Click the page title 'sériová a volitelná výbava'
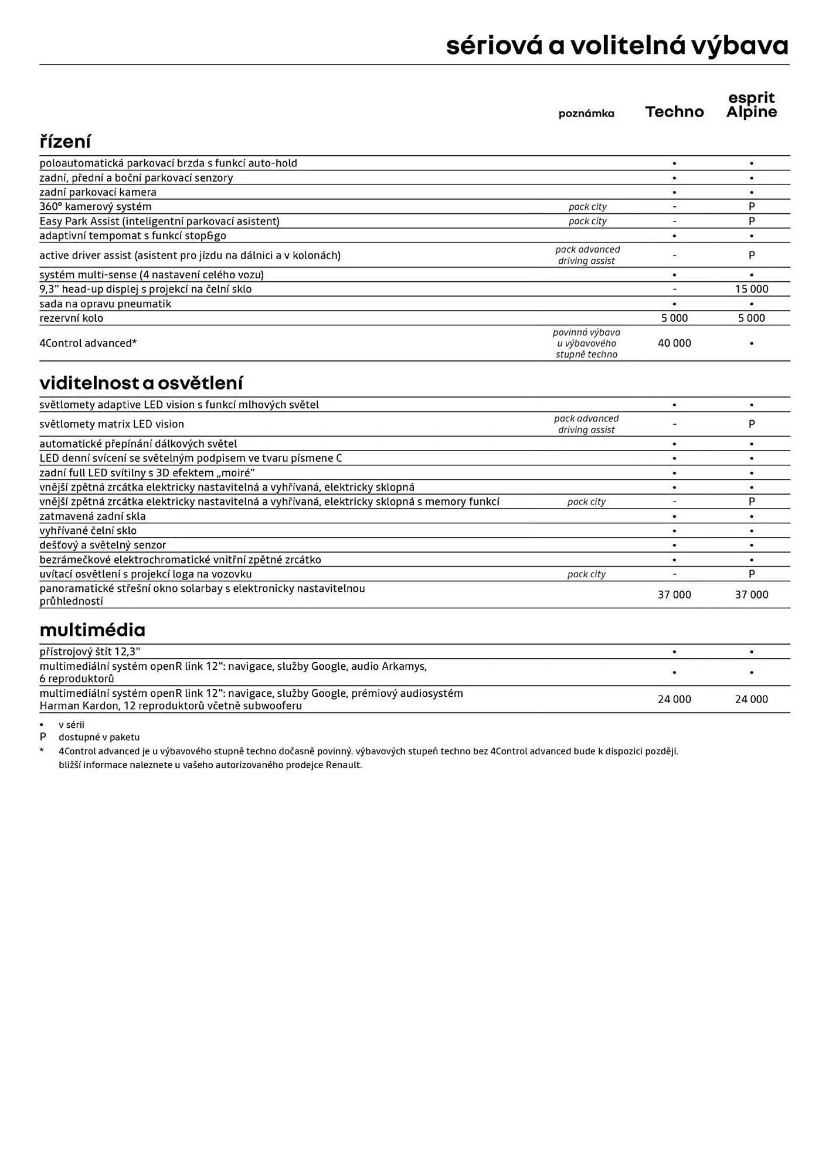click(617, 46)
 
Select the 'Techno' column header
click(674, 112)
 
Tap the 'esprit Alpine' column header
click(751, 105)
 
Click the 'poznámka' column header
click(586, 114)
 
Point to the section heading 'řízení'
click(65, 142)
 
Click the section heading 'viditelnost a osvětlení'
click(141, 383)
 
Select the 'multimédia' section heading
click(92, 630)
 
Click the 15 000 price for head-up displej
click(751, 289)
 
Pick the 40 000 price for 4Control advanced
click(674, 343)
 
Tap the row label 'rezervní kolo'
click(71, 318)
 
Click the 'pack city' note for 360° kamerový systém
click(587, 207)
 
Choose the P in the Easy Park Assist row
click(751, 221)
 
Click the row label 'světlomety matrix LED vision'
click(111, 424)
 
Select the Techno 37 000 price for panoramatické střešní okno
click(674, 595)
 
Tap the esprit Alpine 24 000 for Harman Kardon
click(751, 699)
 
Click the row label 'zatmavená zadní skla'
click(92, 516)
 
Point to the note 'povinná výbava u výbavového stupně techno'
click(586, 343)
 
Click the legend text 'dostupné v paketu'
click(99, 737)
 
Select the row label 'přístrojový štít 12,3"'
click(90, 652)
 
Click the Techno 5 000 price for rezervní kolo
click(674, 318)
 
